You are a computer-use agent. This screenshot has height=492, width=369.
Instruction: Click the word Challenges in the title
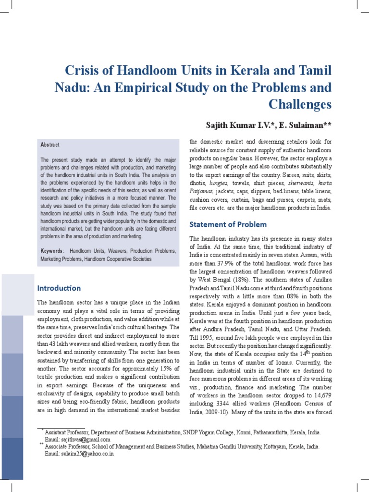point(300,104)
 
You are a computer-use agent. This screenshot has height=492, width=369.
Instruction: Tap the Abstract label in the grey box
point(50,145)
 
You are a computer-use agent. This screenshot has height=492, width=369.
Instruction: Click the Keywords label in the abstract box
point(52,251)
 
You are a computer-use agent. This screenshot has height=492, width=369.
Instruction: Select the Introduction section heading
point(59,288)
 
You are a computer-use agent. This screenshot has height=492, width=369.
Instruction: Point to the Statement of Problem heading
point(228,224)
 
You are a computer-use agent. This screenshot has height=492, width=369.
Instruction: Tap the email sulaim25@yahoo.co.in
point(79,454)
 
